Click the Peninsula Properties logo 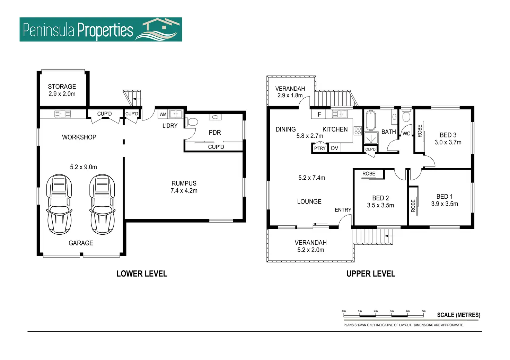pos(100,30)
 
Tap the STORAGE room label pos(62,87)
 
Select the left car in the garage pos(59,204)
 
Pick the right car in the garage pos(102,204)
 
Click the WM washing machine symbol pos(163,114)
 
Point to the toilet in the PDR pos(192,122)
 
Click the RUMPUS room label pos(184,183)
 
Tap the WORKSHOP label pos(79,137)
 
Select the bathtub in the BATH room pos(371,120)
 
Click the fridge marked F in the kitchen pos(319,114)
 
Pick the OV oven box pos(334,148)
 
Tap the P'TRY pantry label pos(320,148)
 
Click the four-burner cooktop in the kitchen pos(358,131)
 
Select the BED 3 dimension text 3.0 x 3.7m pos(448,142)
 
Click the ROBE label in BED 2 pos(369,174)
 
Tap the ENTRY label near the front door pos(343,210)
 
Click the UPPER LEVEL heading pos(371,274)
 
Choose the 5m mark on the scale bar pos(423,311)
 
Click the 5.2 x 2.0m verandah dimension pos(311,250)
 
